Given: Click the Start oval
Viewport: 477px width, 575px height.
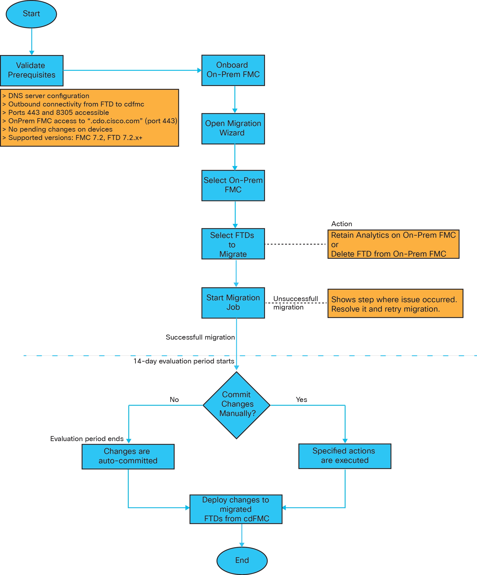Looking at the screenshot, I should (x=31, y=14).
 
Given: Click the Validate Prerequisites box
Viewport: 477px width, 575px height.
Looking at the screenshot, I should (x=32, y=70).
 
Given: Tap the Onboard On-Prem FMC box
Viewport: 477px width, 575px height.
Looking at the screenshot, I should (x=233, y=70).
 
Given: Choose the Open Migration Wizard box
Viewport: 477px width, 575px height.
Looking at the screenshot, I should (x=233, y=128).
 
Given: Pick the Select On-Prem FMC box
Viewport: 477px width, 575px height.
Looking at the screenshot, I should (x=233, y=185).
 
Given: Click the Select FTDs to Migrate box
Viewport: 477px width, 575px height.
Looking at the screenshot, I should (x=233, y=244).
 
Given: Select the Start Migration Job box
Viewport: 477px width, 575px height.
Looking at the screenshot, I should (x=233, y=303).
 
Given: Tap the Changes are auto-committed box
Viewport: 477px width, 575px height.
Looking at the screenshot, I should (x=128, y=456).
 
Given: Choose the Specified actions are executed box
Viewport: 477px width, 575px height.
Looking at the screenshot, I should (x=345, y=456).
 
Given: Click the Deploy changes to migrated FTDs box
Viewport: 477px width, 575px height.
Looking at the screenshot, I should (x=236, y=509).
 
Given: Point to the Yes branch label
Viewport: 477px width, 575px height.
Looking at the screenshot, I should (x=301, y=399).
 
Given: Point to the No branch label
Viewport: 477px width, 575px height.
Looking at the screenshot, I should (x=174, y=399).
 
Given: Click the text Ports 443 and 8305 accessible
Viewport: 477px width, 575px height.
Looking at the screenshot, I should (x=59, y=113).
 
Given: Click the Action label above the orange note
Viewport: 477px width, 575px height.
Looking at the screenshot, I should (x=341, y=224).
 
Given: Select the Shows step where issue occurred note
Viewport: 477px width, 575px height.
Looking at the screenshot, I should (x=395, y=303).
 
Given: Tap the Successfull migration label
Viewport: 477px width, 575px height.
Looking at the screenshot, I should (x=200, y=337).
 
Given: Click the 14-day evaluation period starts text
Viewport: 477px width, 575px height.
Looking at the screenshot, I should (x=184, y=361).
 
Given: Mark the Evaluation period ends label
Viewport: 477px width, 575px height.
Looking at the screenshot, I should (x=87, y=439).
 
